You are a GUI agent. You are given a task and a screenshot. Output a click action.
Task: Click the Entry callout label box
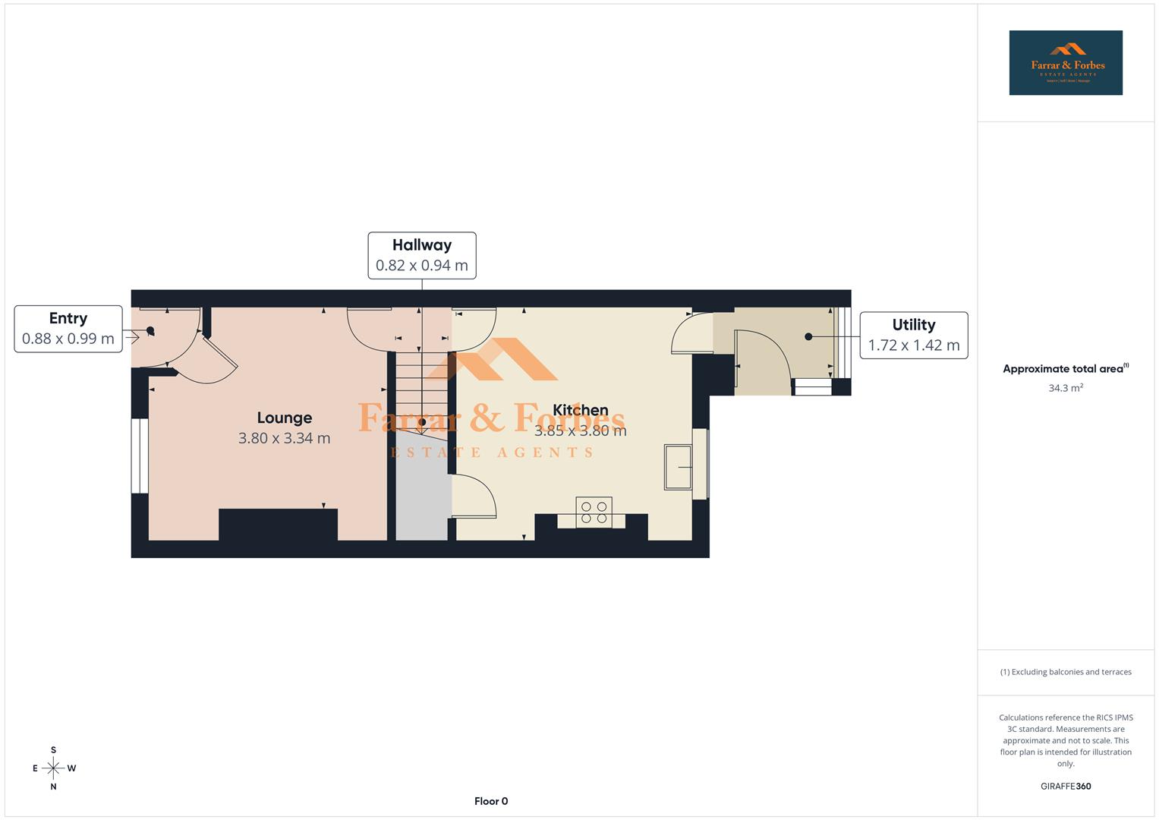tap(68, 329)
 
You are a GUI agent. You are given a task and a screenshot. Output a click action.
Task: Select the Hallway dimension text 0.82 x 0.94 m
tap(421, 266)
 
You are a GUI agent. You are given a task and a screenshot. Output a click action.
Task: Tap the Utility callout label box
tap(913, 335)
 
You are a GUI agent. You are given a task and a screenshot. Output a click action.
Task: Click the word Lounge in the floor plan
tap(285, 418)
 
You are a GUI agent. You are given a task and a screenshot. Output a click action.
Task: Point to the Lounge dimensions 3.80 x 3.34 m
tap(285, 438)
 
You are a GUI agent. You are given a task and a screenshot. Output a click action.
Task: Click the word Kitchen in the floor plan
tap(581, 410)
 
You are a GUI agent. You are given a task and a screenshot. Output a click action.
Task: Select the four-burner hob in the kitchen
tap(594, 512)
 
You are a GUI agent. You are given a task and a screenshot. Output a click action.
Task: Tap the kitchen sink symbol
tap(678, 467)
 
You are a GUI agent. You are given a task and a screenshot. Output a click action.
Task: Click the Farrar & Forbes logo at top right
tap(1065, 63)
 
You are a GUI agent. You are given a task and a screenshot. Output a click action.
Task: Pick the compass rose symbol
tap(53, 768)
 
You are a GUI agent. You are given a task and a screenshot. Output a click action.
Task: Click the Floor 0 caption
tap(491, 801)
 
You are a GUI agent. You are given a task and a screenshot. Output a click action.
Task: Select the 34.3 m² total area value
tap(1065, 388)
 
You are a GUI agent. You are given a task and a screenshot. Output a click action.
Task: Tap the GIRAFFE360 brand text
tap(1065, 787)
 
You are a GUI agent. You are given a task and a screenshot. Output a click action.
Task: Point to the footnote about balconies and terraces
tap(1065, 672)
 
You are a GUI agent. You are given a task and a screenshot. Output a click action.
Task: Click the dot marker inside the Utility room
tap(808, 336)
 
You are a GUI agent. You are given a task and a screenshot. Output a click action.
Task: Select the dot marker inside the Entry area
tap(150, 330)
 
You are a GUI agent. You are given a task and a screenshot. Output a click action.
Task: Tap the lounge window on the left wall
tap(140, 456)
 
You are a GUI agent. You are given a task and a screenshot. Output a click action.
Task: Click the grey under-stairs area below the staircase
tap(422, 490)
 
